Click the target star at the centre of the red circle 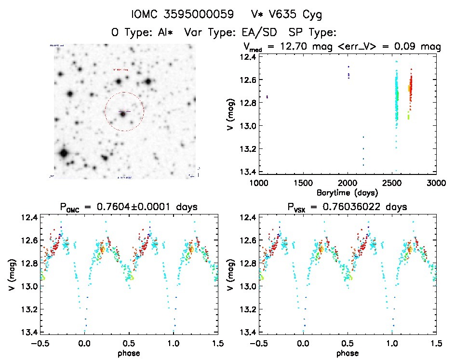tap(123, 113)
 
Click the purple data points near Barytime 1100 tap(267, 97)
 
